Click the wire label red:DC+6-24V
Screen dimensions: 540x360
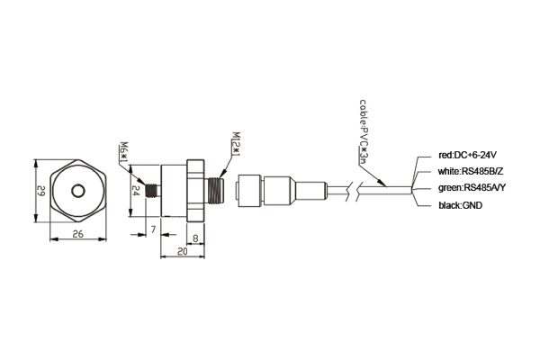tap(467, 155)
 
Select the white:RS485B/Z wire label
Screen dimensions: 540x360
tap(471, 171)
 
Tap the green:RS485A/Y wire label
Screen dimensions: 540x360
tap(472, 188)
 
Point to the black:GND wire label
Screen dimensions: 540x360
tap(461, 206)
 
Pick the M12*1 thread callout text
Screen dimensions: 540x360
tap(236, 144)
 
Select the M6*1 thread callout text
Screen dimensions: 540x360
tap(123, 151)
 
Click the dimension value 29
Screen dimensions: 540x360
tap(41, 191)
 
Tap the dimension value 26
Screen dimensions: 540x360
tap(78, 234)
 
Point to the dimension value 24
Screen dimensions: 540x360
tap(137, 191)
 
